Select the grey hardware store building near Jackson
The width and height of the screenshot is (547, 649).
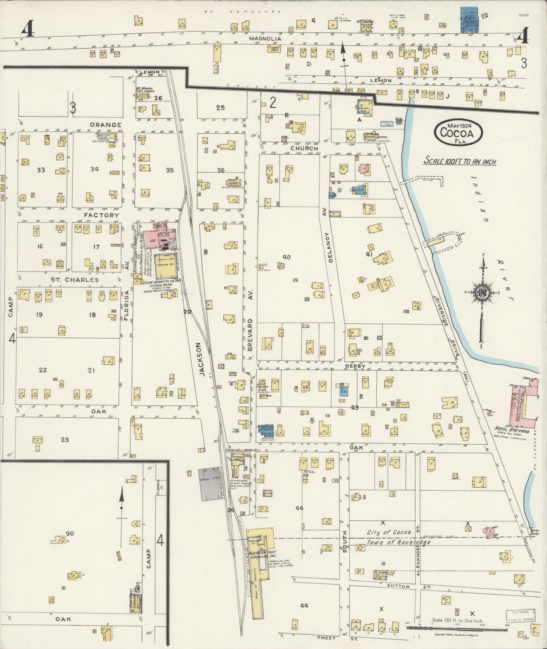209,484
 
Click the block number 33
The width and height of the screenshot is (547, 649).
41,170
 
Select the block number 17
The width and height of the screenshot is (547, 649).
96,247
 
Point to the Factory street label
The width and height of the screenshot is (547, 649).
96,215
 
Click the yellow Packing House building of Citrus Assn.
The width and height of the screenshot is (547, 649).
166,265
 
